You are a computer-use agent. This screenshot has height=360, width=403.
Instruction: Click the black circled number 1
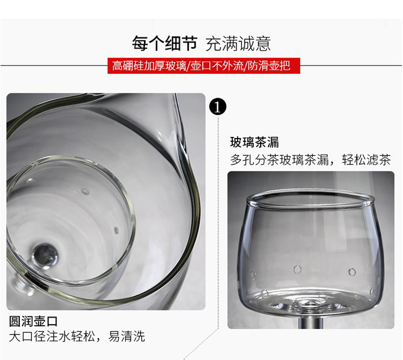(x=218, y=107)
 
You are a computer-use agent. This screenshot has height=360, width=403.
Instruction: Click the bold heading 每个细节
(x=165, y=44)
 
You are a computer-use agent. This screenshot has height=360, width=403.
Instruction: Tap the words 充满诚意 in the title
(x=238, y=44)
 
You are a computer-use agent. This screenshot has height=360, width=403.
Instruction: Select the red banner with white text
(x=204, y=66)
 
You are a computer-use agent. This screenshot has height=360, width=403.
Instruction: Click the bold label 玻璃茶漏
(x=254, y=142)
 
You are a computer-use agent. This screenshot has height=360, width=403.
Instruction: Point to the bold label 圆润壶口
(x=33, y=321)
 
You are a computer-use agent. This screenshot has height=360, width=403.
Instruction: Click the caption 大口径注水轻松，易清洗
(x=77, y=336)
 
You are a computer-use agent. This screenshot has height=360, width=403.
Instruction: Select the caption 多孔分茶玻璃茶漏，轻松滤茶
(x=310, y=160)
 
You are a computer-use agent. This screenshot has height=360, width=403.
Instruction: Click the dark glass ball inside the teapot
(x=45, y=256)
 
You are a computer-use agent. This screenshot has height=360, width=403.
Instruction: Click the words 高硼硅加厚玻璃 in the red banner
(x=149, y=66)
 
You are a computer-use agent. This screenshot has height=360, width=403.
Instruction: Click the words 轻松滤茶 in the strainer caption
(x=366, y=160)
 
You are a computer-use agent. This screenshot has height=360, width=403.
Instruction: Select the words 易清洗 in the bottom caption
(x=126, y=336)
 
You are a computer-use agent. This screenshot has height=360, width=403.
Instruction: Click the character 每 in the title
(x=140, y=44)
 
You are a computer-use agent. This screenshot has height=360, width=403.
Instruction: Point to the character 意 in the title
(x=263, y=44)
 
